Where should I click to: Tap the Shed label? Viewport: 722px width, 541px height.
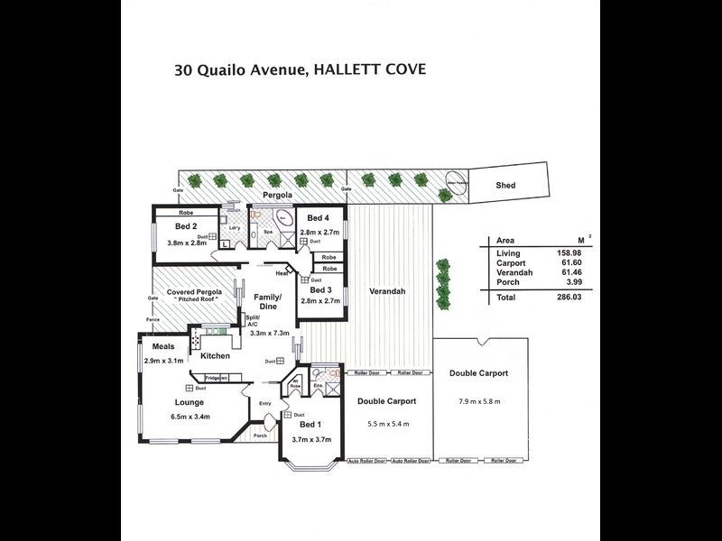tap(506, 185)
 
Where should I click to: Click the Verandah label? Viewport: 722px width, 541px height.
tap(388, 291)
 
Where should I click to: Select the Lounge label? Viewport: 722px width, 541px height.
tap(190, 402)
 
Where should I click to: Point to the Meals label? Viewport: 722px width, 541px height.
tap(162, 346)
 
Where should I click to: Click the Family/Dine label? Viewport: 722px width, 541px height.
tap(267, 302)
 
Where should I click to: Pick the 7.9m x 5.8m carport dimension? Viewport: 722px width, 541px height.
tap(478, 400)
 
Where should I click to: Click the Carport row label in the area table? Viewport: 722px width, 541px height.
tap(511, 263)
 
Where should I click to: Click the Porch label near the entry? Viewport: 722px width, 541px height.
tap(260, 436)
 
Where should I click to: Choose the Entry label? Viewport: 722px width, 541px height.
tap(264, 403)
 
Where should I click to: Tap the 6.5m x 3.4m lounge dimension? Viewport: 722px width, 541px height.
tap(190, 417)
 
